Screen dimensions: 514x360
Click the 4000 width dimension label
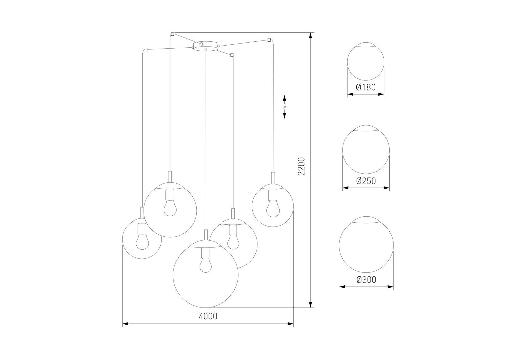tap(208, 316)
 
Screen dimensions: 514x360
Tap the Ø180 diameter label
tap(366, 87)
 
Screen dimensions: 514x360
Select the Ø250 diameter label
tap(366, 181)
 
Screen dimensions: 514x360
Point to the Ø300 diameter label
tap(366, 280)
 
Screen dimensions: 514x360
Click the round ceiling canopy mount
tap(205, 46)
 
